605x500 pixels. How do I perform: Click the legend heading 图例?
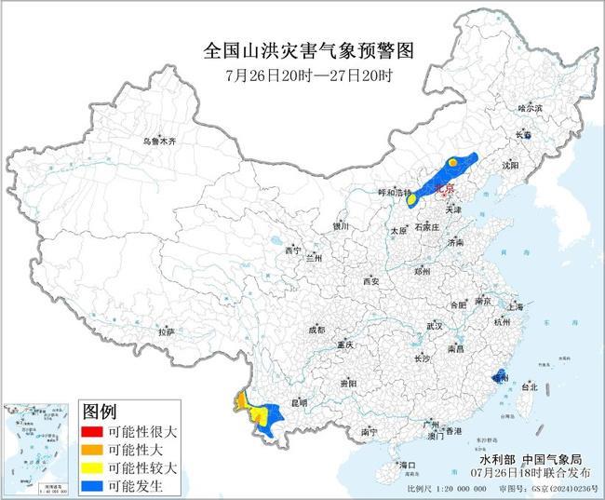(100, 412)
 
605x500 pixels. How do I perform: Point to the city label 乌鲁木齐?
(159, 141)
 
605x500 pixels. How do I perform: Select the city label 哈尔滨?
(529, 109)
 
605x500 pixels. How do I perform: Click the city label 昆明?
(299, 403)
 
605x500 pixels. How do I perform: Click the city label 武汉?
(434, 326)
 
